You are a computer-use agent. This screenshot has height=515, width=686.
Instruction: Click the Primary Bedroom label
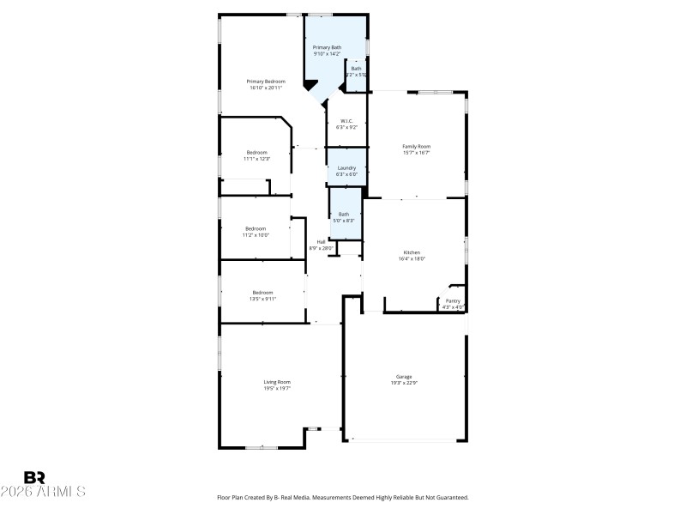click(x=266, y=82)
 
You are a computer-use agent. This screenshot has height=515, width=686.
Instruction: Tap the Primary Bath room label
click(x=327, y=47)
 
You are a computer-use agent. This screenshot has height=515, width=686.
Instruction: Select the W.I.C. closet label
click(x=346, y=121)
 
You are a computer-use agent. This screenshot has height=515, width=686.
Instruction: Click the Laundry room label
click(x=346, y=168)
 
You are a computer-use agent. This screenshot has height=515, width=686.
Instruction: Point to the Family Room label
click(x=416, y=147)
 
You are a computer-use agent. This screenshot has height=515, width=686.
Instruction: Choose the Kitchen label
click(x=412, y=252)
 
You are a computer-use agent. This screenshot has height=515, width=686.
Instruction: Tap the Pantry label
click(x=453, y=301)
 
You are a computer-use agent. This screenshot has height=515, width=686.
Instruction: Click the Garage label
click(x=404, y=377)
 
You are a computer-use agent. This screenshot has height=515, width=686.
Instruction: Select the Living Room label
click(x=277, y=382)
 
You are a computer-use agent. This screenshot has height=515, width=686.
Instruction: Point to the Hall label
click(x=321, y=242)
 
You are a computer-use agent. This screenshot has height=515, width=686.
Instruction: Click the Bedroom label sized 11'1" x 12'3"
click(x=256, y=153)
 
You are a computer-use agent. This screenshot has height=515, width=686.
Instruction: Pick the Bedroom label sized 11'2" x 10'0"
click(x=256, y=228)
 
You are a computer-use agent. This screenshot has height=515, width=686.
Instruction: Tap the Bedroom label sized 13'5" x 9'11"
click(x=262, y=293)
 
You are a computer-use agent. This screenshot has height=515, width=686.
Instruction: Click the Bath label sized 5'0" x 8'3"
click(x=344, y=214)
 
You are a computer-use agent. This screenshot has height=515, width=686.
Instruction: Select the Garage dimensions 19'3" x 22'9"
click(x=404, y=384)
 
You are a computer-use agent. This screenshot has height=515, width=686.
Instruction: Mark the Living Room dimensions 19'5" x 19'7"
click(x=277, y=388)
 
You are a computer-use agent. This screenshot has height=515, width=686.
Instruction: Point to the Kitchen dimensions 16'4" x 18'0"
click(x=412, y=258)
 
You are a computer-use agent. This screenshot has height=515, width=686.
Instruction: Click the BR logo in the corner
click(x=34, y=477)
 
